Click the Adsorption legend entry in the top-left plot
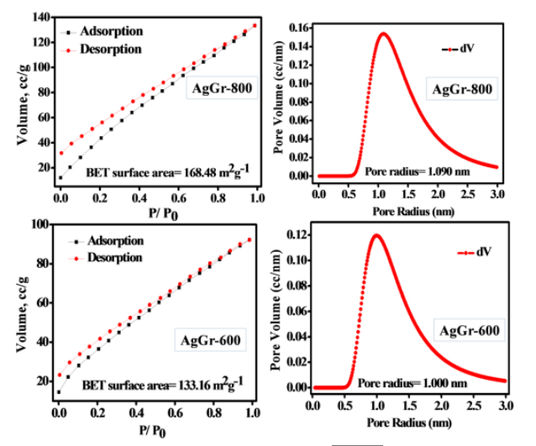coord(110,31)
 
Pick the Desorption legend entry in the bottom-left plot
coord(109,257)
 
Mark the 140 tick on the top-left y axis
coord(39,16)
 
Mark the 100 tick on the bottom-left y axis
coord(39,224)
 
